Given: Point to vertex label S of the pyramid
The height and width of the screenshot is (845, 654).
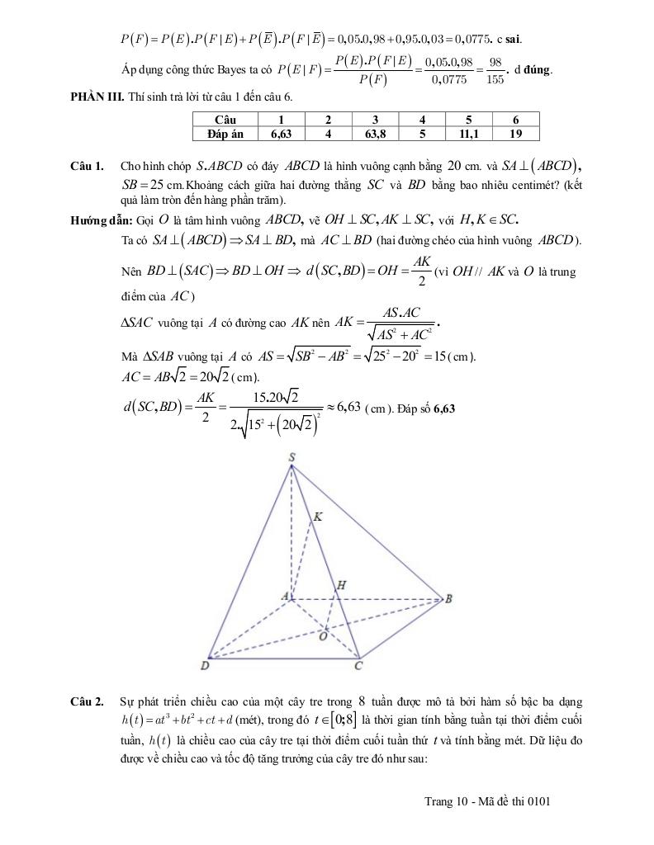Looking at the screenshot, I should pyautogui.click(x=291, y=457).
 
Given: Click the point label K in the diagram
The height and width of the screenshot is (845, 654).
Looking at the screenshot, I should pyautogui.click(x=317, y=517).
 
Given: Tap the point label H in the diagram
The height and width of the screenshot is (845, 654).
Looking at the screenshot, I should pyautogui.click(x=340, y=585).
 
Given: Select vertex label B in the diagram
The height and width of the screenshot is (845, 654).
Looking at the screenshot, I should pyautogui.click(x=448, y=599).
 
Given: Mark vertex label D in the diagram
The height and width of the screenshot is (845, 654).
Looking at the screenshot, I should pyautogui.click(x=205, y=665).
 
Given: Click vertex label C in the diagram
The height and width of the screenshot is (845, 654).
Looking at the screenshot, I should pyautogui.click(x=358, y=665).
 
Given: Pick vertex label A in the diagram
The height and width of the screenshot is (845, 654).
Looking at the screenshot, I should pyautogui.click(x=285, y=595).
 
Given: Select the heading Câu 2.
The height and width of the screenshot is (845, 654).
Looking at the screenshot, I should pyautogui.click(x=87, y=702).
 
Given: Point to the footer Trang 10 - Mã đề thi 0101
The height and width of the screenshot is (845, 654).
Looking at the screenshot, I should pyautogui.click(x=487, y=801).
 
